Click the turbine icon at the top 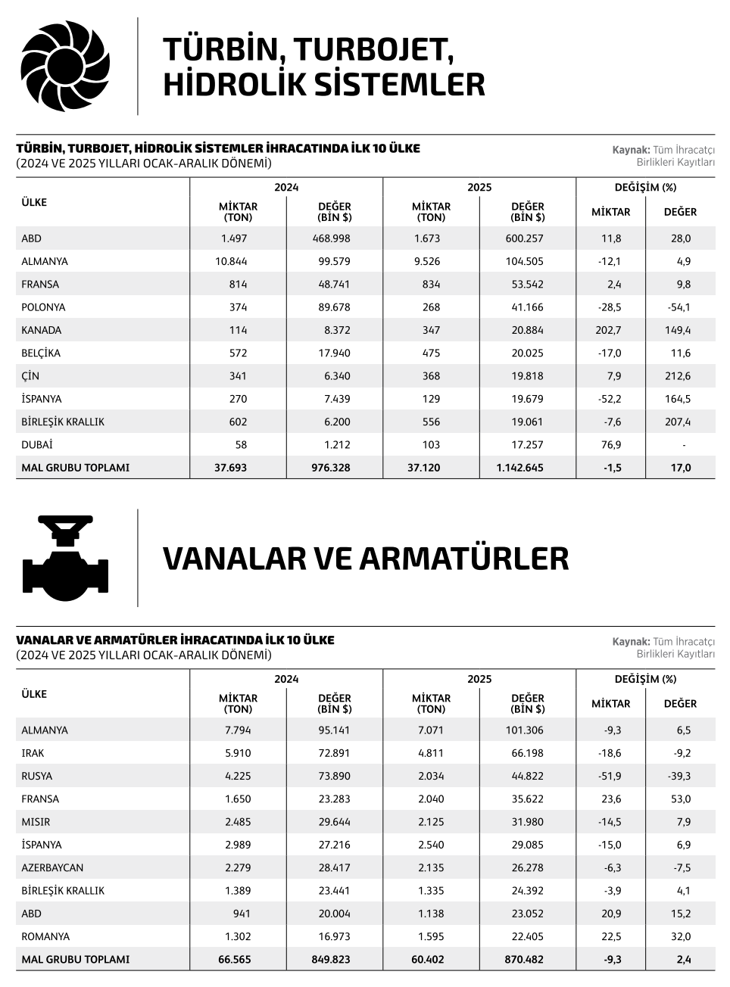65,66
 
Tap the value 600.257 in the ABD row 524,238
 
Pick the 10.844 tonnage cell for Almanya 231,261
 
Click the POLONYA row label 43,307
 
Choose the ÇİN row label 30,376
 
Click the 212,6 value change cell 678,376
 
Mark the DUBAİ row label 37,444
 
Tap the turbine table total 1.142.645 519,468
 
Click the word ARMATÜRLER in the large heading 463,559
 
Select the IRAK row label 33,753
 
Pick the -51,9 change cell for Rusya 610,776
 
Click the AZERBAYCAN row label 52,867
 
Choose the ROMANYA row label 45,936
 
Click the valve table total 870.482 524,959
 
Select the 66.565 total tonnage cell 234,959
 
